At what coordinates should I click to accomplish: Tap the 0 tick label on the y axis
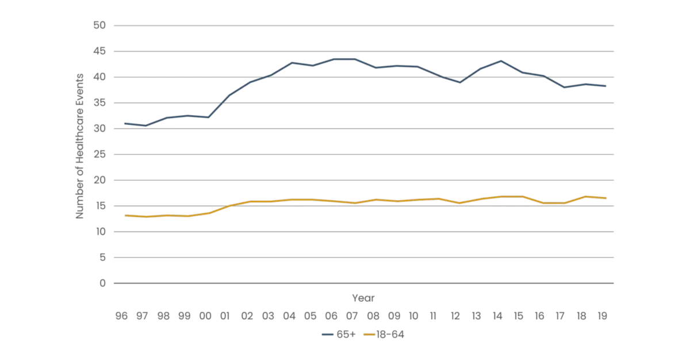pos(102,283)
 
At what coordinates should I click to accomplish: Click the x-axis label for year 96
pos(121,316)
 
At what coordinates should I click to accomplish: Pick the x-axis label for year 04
pos(289,316)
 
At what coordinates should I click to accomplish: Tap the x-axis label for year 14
pos(497,316)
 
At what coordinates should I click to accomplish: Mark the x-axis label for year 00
pos(205,316)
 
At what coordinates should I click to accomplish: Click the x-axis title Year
pos(363,298)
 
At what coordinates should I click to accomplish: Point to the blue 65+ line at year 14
pos(501,60)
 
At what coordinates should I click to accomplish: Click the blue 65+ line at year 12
pos(459,83)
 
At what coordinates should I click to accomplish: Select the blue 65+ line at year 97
pos(146,125)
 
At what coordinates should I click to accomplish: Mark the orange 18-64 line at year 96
pos(125,215)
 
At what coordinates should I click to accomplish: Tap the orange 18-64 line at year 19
pos(605,198)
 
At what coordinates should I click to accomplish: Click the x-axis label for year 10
pos(414,316)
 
